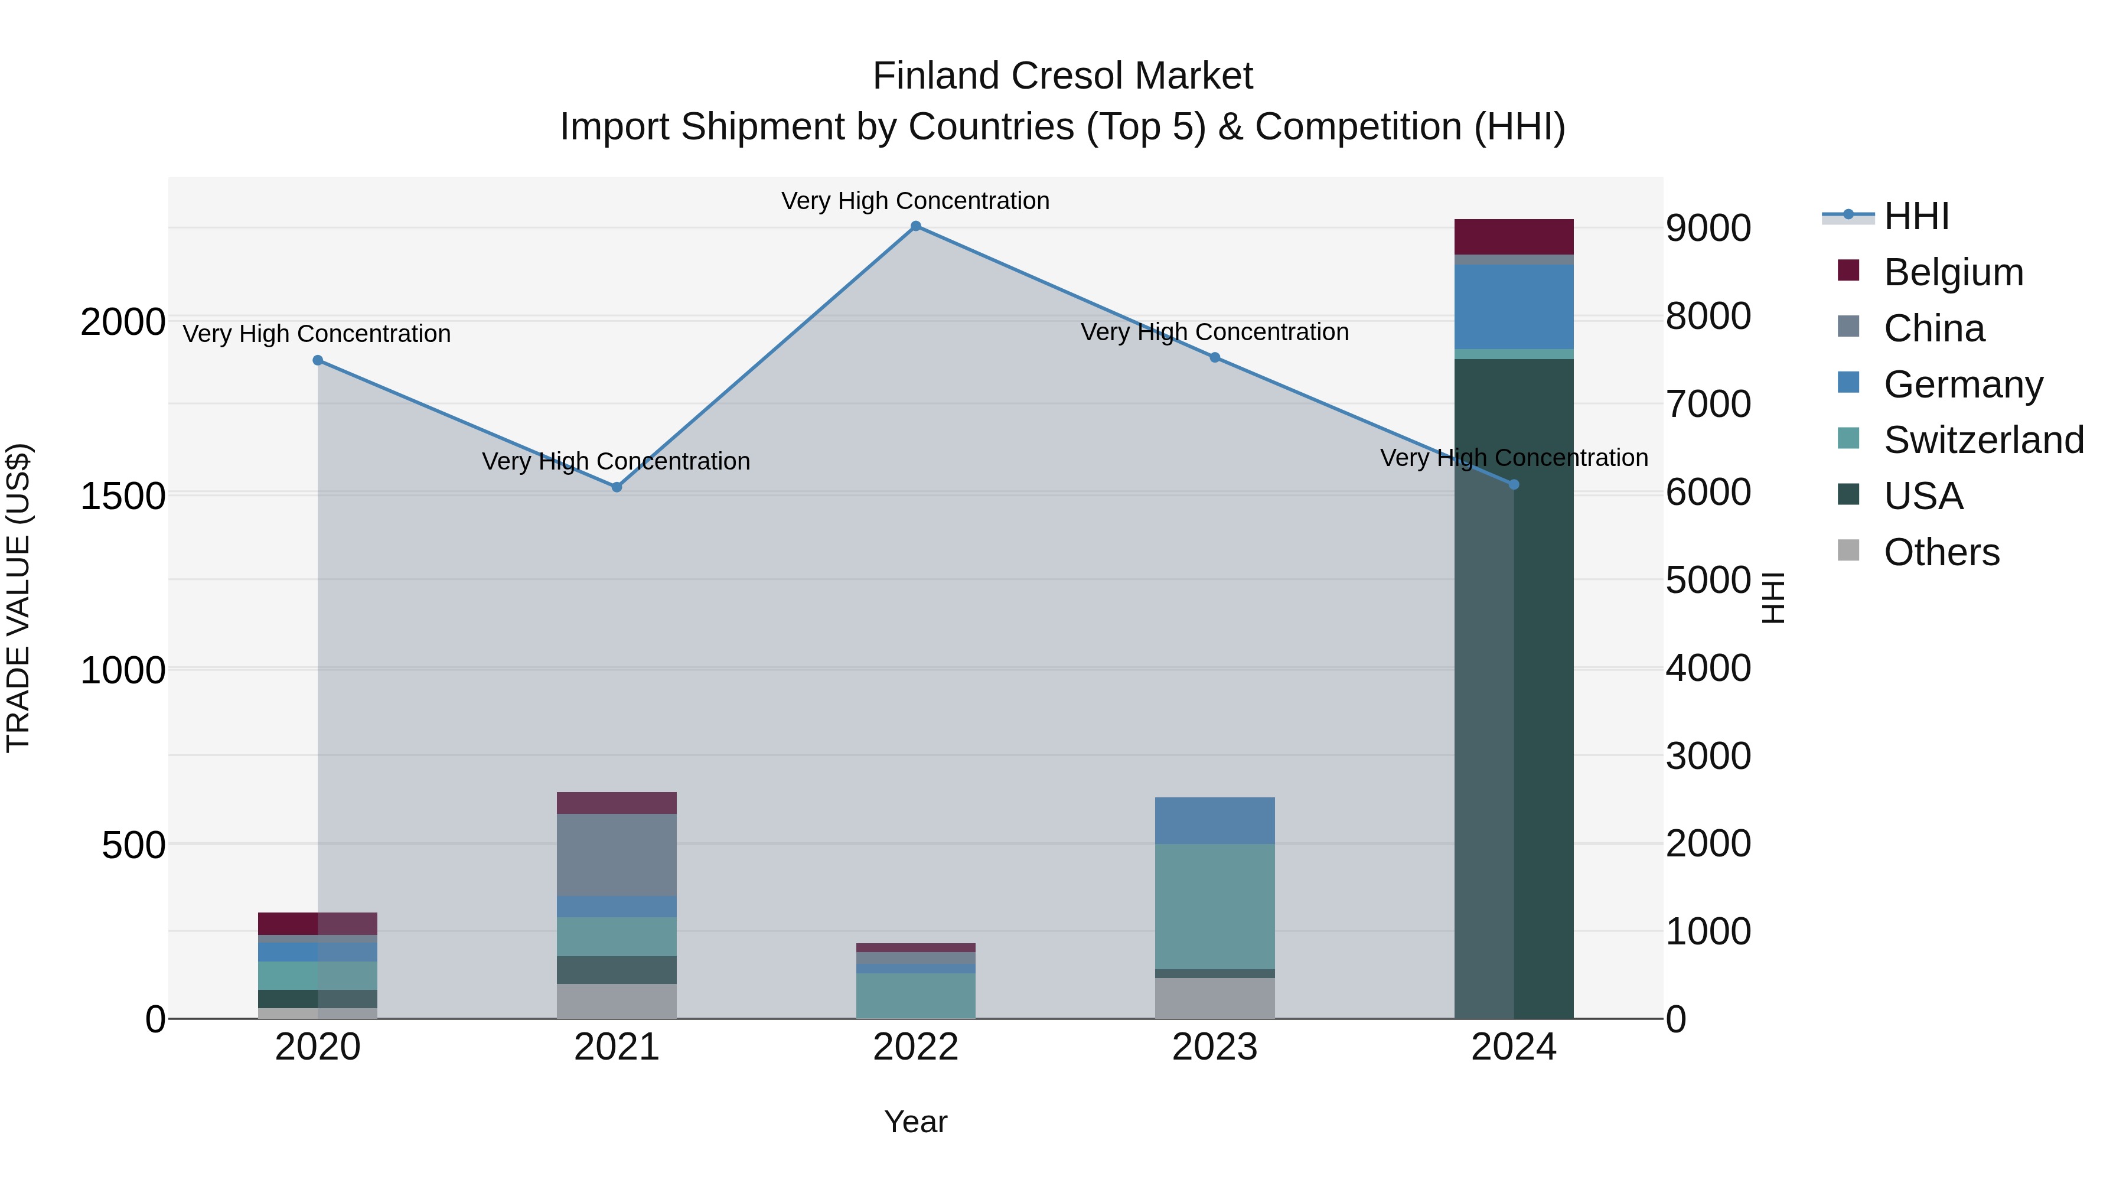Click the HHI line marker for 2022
point(915,226)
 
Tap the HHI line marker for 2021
point(617,487)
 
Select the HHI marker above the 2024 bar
point(1514,484)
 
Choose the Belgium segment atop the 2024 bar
point(1514,237)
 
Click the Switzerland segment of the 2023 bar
point(1215,905)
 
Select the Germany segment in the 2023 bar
point(1215,820)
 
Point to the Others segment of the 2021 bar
point(617,1001)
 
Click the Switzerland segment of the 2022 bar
point(915,995)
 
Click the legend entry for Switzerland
point(1983,440)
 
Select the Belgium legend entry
point(1953,272)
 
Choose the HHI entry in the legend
point(1916,216)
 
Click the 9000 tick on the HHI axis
point(1707,228)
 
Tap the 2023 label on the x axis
point(1215,1047)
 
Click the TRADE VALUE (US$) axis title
point(18,598)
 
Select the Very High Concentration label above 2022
point(915,201)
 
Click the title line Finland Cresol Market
point(1062,76)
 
